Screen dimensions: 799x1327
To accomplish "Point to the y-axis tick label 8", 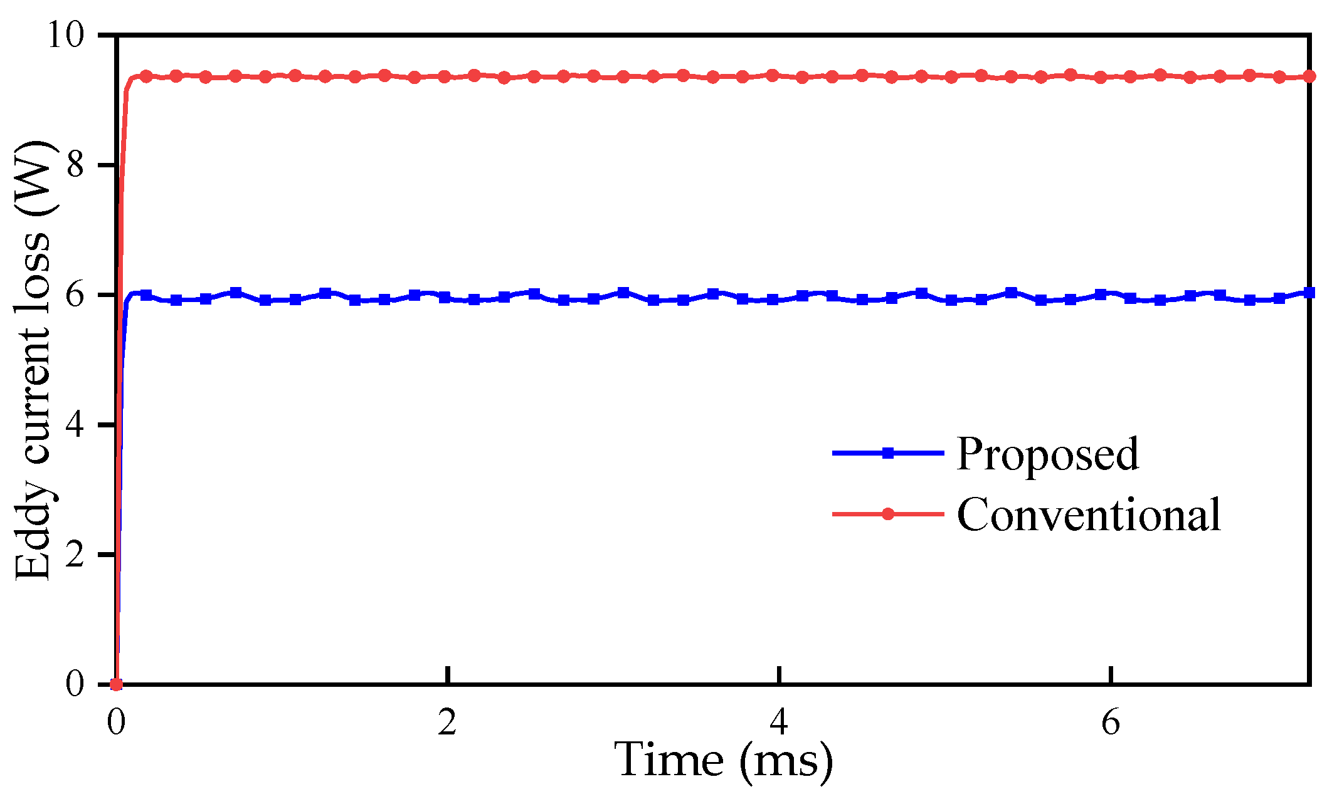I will point(75,165).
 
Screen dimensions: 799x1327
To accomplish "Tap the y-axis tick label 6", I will point(75,295).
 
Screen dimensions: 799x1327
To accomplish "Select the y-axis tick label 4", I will point(75,426).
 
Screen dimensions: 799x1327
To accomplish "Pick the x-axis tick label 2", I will point(447,723).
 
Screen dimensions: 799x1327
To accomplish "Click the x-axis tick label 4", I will point(778,723).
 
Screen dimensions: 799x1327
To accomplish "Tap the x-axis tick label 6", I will point(1110,723).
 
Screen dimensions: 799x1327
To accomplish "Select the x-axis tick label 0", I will point(115,723).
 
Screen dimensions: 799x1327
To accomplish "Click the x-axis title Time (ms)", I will point(725,761).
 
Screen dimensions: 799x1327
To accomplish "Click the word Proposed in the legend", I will point(1047,454).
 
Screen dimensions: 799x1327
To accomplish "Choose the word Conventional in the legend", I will point(1089,514).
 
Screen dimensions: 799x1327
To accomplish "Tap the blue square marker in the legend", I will point(887,453).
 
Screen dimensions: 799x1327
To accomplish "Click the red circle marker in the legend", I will point(887,514).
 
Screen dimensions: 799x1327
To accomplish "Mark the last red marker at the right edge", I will point(1309,76).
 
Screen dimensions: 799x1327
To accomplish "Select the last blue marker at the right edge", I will point(1309,293).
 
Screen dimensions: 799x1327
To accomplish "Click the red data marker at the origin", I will point(116,684).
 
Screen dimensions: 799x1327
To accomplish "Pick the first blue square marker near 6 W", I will point(146,295).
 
